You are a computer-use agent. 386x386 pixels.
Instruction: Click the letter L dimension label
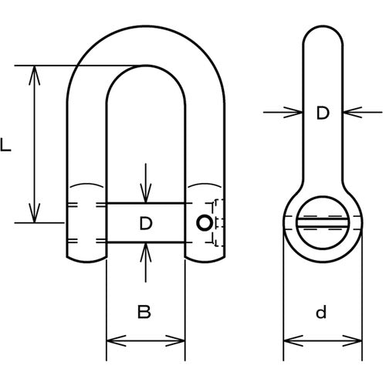[5, 144]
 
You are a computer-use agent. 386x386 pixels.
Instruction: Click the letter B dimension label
[144, 311]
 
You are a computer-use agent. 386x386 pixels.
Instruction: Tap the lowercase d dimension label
[321, 312]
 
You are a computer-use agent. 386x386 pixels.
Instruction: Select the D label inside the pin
[146, 223]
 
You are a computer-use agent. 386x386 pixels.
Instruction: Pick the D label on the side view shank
[323, 113]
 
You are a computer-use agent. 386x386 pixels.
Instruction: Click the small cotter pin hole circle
[205, 223]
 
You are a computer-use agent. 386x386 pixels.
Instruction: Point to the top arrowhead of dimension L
[35, 75]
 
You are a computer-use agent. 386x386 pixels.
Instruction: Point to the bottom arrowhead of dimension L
[35, 213]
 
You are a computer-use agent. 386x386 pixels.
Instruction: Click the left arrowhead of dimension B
[117, 340]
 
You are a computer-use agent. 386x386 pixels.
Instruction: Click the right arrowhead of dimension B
[175, 340]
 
